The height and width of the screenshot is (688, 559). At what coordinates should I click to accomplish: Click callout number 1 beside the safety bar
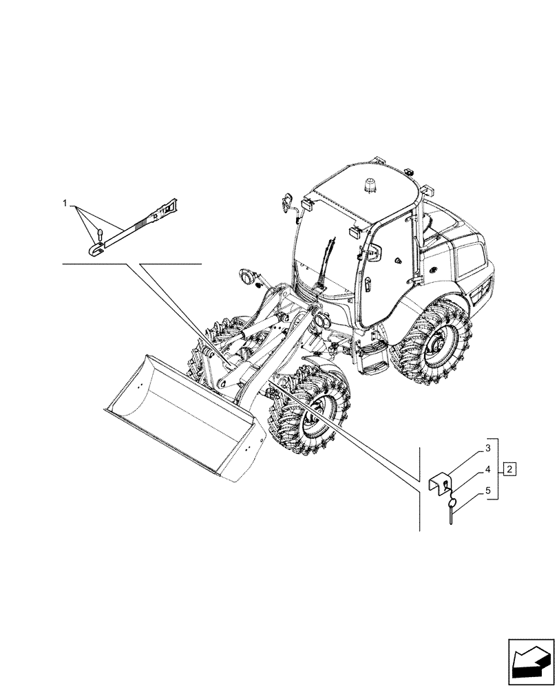click(65, 204)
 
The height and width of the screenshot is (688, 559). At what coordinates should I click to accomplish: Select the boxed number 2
click(509, 470)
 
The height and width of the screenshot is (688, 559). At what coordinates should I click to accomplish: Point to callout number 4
click(487, 471)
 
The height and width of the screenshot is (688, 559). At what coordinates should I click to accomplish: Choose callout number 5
click(487, 492)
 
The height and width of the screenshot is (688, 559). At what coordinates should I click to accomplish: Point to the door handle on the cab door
click(369, 283)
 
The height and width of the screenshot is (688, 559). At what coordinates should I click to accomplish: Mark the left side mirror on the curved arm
click(287, 203)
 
